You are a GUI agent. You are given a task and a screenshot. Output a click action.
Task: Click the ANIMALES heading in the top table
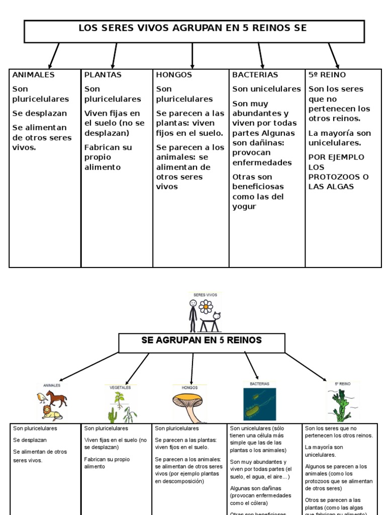33,75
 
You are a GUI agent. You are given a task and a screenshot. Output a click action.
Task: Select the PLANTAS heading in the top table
103,75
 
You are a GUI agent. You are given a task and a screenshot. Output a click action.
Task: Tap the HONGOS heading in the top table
174,75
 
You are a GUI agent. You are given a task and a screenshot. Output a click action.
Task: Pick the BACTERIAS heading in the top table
255,75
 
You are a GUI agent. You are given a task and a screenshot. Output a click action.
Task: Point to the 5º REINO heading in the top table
327,75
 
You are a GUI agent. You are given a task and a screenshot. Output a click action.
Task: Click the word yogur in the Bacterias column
244,207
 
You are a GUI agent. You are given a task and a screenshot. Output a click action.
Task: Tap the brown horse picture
56,399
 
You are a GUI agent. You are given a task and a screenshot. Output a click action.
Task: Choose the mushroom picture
188,405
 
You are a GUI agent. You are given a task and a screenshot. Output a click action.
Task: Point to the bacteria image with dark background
259,404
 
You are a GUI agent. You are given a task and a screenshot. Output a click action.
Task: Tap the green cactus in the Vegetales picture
113,415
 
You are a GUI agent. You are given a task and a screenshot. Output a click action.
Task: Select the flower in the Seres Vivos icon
206,306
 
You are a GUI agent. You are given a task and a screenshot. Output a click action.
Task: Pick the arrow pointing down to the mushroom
192,368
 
